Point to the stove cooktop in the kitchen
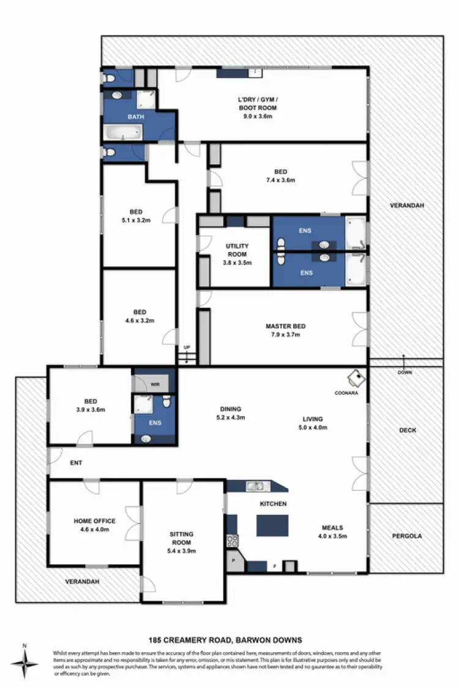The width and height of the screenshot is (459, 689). (x=233, y=540)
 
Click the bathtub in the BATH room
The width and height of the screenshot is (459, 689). (x=124, y=131)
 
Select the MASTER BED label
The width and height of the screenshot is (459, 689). (x=285, y=326)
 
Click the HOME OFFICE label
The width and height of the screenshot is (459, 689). (x=95, y=521)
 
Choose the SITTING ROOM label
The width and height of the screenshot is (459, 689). (x=182, y=538)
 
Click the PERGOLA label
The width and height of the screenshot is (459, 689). (x=406, y=536)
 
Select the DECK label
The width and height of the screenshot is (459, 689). (x=407, y=430)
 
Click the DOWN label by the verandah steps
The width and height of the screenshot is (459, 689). (x=405, y=372)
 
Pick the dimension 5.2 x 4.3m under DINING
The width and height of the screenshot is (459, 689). (x=231, y=418)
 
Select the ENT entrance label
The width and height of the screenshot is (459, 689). (x=76, y=463)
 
